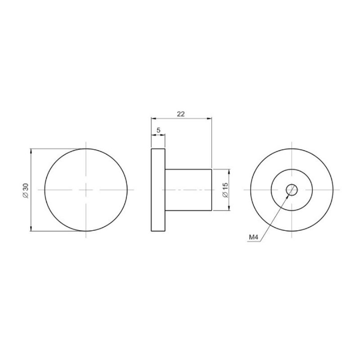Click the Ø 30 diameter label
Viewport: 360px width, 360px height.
coord(26,191)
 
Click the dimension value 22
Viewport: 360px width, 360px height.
coord(181,114)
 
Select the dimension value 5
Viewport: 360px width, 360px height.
coord(158,130)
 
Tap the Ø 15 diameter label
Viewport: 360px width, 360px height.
coord(225,190)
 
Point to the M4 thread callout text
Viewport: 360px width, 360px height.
coord(254,238)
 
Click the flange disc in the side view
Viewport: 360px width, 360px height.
coord(158,190)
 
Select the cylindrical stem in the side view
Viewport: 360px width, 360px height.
coord(188,190)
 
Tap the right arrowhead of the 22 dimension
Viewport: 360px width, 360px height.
coord(209,118)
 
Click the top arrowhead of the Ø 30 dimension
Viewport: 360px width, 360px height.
coord(31,151)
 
